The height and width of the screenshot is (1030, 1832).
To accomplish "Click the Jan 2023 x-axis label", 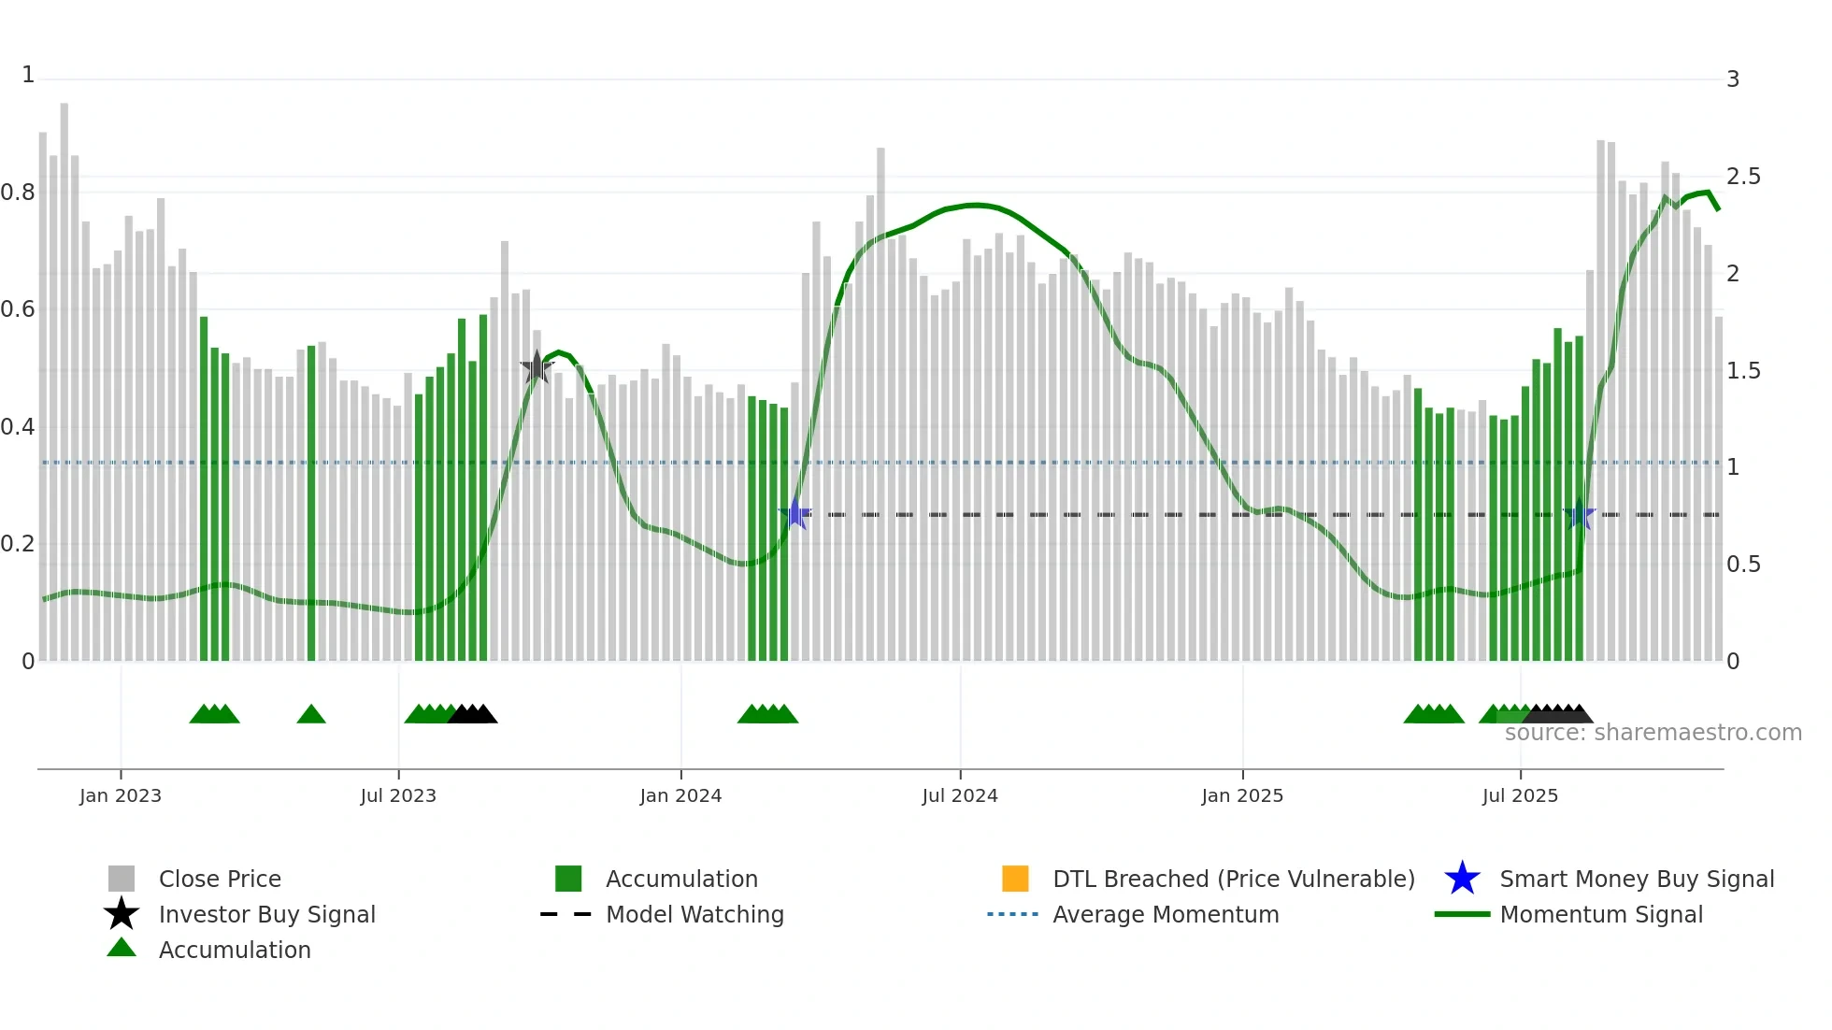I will click(x=121, y=795).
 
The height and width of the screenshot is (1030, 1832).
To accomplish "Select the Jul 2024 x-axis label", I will click(x=960, y=795).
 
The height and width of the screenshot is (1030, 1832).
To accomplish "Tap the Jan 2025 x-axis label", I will click(x=1242, y=795).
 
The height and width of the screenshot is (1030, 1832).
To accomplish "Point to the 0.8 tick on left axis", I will click(x=18, y=193).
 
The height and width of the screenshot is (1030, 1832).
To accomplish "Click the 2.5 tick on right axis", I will click(x=1743, y=177).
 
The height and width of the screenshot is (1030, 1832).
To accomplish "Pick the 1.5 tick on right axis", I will click(x=1743, y=371).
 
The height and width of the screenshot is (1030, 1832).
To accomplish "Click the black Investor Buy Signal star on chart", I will click(x=537, y=367).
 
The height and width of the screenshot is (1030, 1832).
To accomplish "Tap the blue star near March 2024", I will click(x=795, y=514).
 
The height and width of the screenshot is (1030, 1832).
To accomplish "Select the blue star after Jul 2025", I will click(x=1580, y=514).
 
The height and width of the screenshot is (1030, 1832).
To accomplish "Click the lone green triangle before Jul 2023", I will click(x=311, y=715).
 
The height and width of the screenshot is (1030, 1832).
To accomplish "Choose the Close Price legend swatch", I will click(x=122, y=879).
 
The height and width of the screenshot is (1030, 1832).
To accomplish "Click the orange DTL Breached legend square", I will click(x=1015, y=879).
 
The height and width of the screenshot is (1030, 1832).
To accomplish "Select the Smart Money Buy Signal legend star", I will click(x=1462, y=879).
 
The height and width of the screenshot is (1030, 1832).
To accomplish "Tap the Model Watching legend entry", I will click(x=694, y=914).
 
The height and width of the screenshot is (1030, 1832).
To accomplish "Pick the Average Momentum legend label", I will click(x=1166, y=914).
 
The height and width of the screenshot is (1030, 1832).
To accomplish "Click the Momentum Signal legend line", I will click(x=1462, y=914).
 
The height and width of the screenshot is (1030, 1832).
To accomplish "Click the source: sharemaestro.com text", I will click(x=1653, y=733).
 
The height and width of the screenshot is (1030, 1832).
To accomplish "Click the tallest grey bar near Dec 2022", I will click(x=64, y=374).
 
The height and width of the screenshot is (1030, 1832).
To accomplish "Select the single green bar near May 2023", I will click(x=311, y=505).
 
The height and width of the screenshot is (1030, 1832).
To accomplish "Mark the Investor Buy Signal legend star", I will click(x=122, y=914).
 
